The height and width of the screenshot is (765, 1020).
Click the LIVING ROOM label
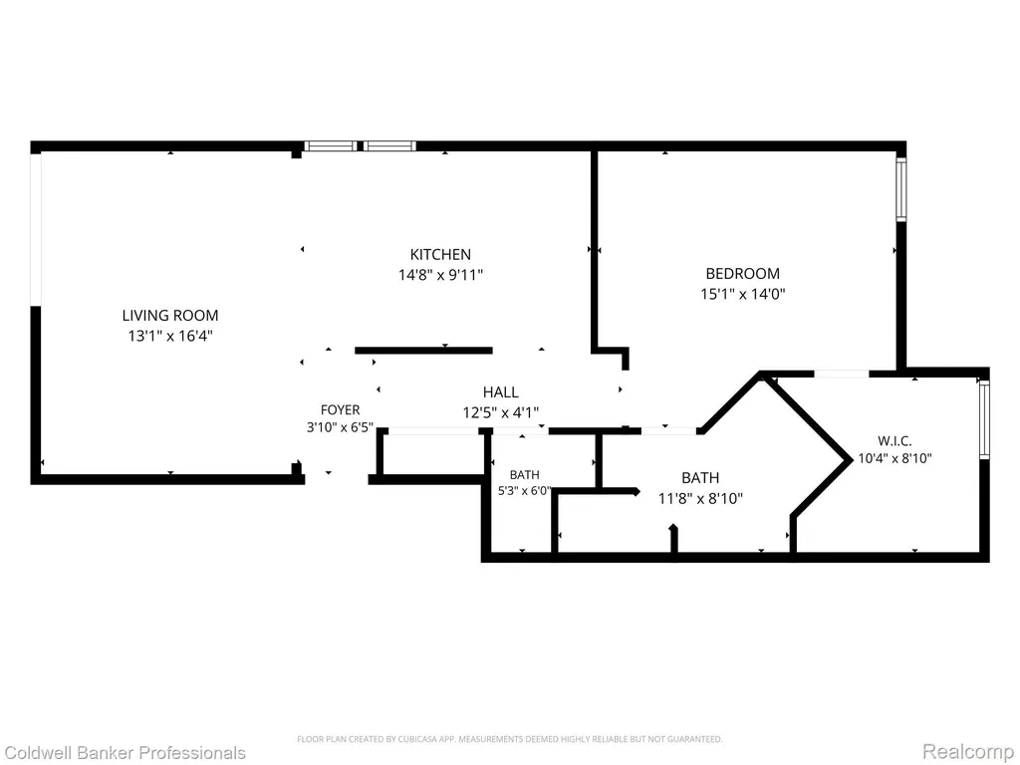170,316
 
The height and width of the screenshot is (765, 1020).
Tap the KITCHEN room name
440,254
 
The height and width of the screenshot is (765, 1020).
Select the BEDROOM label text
743,273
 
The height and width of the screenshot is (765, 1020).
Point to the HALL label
501,392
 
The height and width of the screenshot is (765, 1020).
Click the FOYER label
341,409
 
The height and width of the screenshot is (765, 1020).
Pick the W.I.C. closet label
894,441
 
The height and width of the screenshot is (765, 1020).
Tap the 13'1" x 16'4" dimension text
170,337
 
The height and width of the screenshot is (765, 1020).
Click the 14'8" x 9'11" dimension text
441,275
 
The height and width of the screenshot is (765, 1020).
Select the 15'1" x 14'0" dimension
743,294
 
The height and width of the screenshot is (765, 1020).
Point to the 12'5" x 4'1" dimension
501,412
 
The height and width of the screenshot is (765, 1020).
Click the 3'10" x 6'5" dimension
341,427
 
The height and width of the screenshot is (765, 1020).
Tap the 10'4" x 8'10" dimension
895,458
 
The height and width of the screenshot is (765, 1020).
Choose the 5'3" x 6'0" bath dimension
525,491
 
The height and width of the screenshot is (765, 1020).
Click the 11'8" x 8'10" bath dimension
700,499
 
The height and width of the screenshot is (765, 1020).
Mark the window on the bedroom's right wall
900,190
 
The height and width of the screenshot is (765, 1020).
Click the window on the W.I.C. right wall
984,419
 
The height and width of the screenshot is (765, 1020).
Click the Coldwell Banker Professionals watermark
124,753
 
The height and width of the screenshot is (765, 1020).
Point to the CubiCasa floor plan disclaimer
510,739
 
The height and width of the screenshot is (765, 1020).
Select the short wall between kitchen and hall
423,351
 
